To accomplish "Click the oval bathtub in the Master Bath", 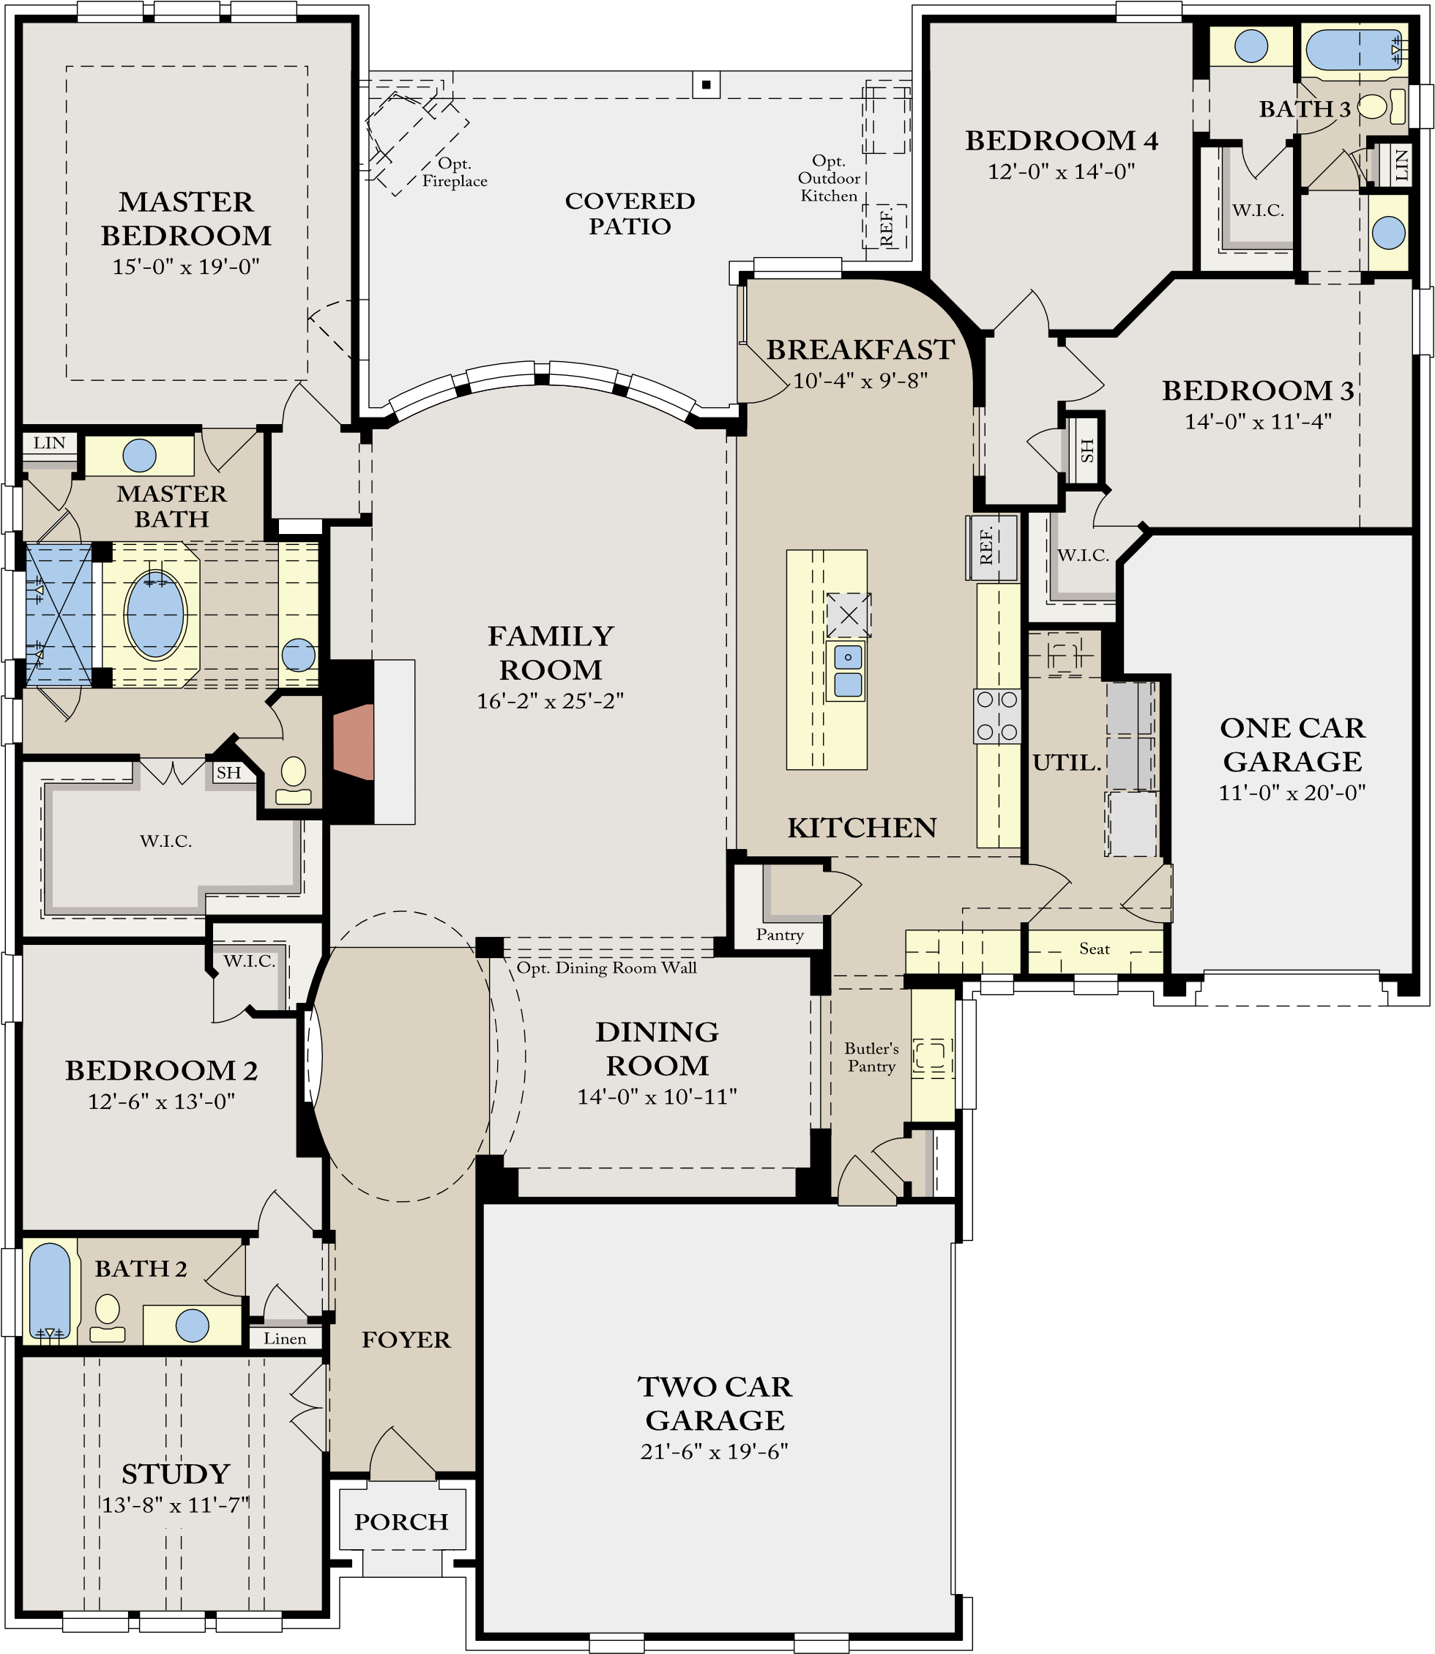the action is pos(155,615).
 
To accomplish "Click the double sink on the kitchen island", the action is pos(848,671).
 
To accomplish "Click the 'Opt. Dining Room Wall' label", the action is pos(606,968).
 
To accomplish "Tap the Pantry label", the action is pos(779,935).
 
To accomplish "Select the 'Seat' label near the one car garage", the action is pos(1094,949).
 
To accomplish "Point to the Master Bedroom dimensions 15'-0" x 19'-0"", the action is pos(186,267).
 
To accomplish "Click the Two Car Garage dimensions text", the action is pos(715,1451).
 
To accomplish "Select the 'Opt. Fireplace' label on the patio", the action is pos(455,172).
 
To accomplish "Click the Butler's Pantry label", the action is pos(871,1057).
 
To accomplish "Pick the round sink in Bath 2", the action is pos(192,1326).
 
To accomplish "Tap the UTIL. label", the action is pos(1067,763).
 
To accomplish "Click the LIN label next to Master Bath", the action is pos(49,443).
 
